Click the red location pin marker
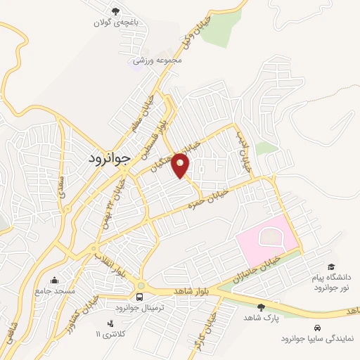(181, 165)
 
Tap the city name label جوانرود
(110, 159)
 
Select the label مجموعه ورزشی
(160, 60)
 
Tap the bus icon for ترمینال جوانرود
(141, 295)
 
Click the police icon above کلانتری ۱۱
(109, 323)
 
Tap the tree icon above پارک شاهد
(260, 307)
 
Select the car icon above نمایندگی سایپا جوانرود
(318, 327)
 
